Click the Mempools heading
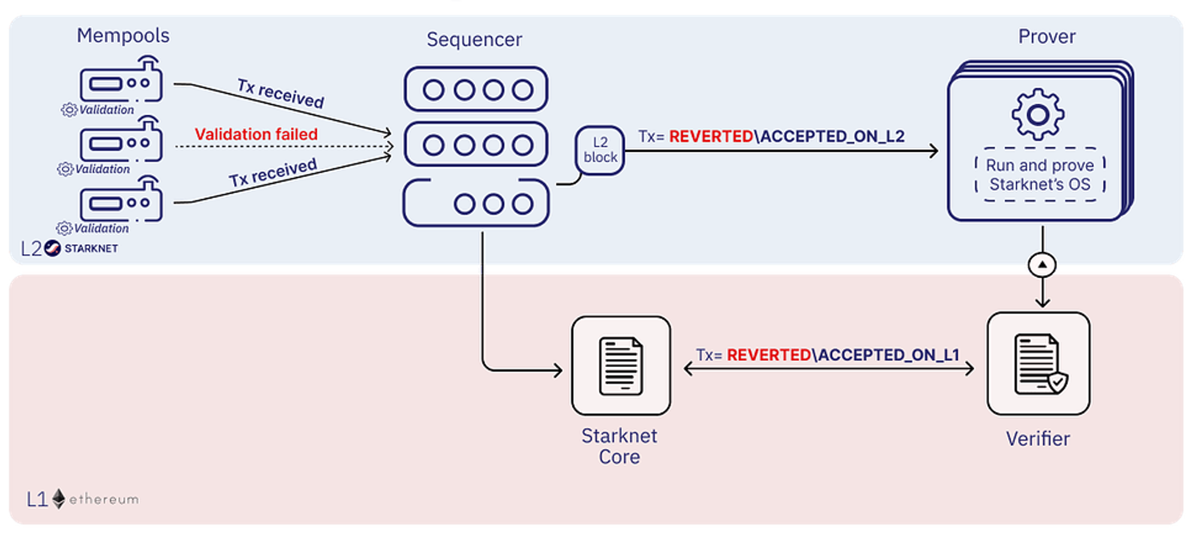point(123,35)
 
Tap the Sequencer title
point(474,40)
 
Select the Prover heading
point(1046,37)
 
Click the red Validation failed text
point(256,134)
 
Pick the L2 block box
point(600,150)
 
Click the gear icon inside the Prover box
point(1037,115)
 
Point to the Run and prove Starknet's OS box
point(1040,174)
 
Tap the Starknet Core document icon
point(621,366)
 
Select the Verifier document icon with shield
point(1039,364)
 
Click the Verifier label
point(1037,439)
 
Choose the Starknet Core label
point(619,446)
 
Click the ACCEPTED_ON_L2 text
point(833,137)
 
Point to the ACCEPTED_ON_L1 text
point(889,355)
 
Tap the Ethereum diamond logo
point(59,499)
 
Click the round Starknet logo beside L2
point(53,248)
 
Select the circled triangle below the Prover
point(1042,265)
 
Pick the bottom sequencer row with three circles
point(476,204)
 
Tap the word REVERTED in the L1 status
point(769,355)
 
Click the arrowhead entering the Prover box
point(933,151)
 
